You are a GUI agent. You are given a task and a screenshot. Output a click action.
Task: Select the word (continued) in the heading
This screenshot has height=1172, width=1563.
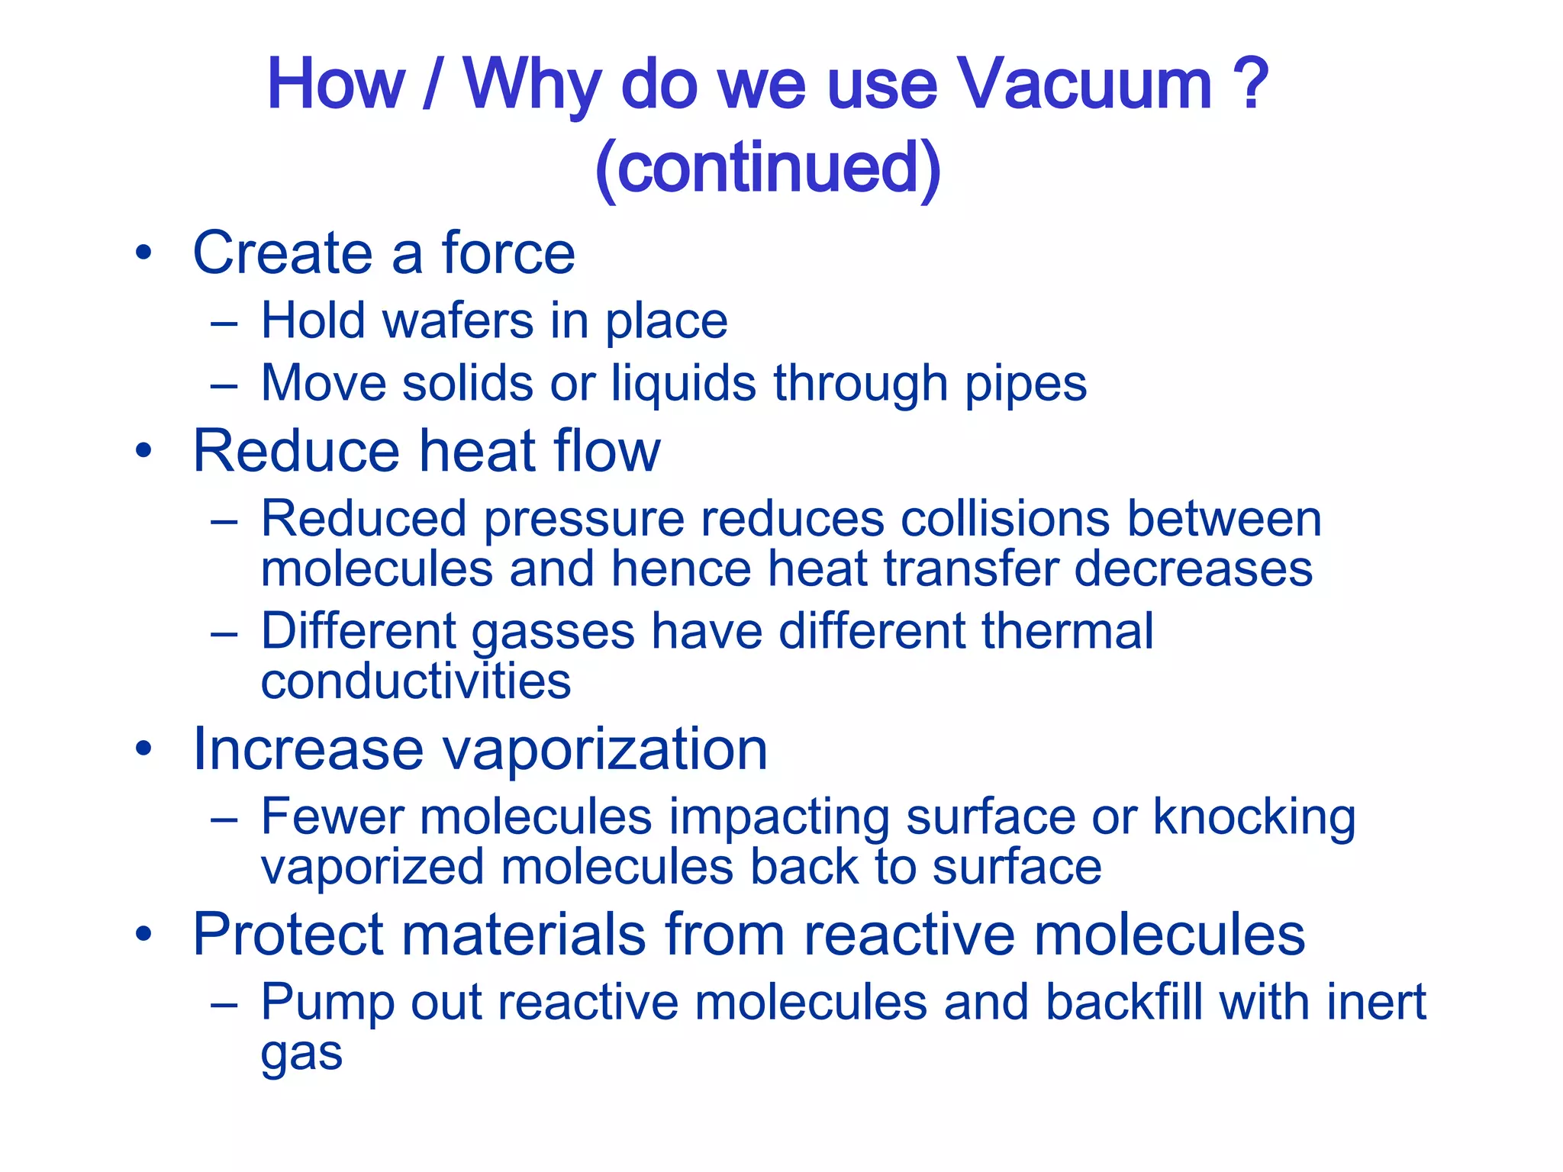[x=768, y=168]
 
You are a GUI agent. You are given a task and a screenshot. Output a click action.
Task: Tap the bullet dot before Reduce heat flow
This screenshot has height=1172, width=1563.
[x=143, y=451]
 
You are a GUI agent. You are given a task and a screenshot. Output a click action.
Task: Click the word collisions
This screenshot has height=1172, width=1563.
[x=1004, y=519]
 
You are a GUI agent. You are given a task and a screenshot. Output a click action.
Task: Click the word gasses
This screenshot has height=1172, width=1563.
[x=553, y=633]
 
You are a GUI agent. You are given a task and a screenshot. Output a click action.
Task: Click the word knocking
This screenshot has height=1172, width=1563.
[x=1253, y=818]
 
